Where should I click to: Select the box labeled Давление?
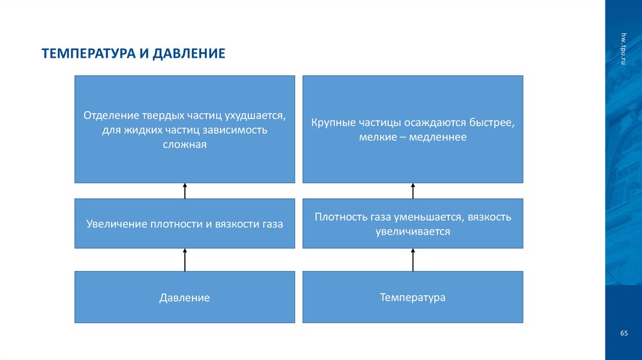[x=184, y=298]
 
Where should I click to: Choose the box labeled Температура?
[x=413, y=297]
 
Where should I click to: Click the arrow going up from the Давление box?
[x=185, y=259]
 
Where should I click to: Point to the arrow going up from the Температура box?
[x=413, y=259]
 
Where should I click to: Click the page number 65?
[x=624, y=333]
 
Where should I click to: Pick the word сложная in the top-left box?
[x=184, y=144]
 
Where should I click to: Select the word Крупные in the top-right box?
[x=334, y=122]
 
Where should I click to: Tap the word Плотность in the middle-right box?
[x=339, y=217]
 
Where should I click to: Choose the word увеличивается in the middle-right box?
[x=413, y=231]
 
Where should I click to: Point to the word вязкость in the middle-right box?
[x=490, y=217]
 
